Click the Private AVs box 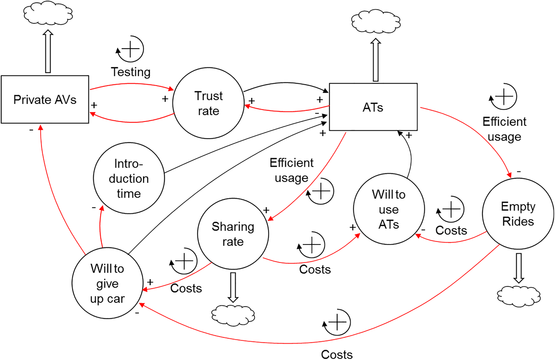45,100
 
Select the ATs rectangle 373,107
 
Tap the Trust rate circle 208,103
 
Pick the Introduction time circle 129,178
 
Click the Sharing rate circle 233,234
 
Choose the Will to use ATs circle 388,209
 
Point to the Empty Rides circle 518,214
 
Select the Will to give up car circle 107,283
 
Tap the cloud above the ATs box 376,21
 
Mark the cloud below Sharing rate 233,315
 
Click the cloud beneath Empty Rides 518,296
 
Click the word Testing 131,72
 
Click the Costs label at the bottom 337,354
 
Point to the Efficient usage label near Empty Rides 504,129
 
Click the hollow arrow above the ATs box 376,60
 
